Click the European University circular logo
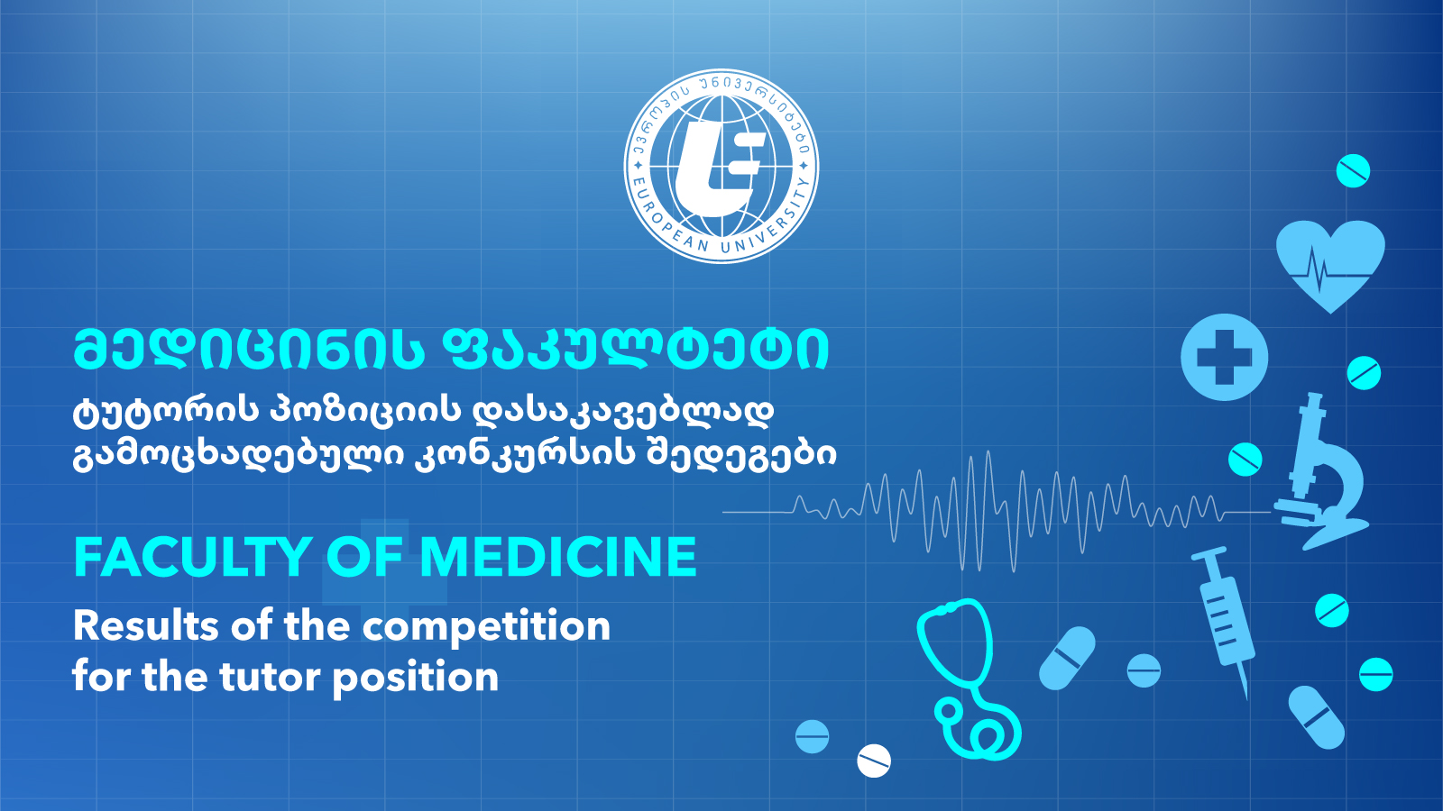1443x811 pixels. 721,166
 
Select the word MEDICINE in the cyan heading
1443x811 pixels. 558,558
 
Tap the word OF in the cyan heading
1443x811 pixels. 364,558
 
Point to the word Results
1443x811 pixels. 145,625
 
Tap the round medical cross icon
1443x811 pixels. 1224,357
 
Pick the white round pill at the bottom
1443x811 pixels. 874,761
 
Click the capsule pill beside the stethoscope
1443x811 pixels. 1067,658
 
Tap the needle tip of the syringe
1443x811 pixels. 1247,699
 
